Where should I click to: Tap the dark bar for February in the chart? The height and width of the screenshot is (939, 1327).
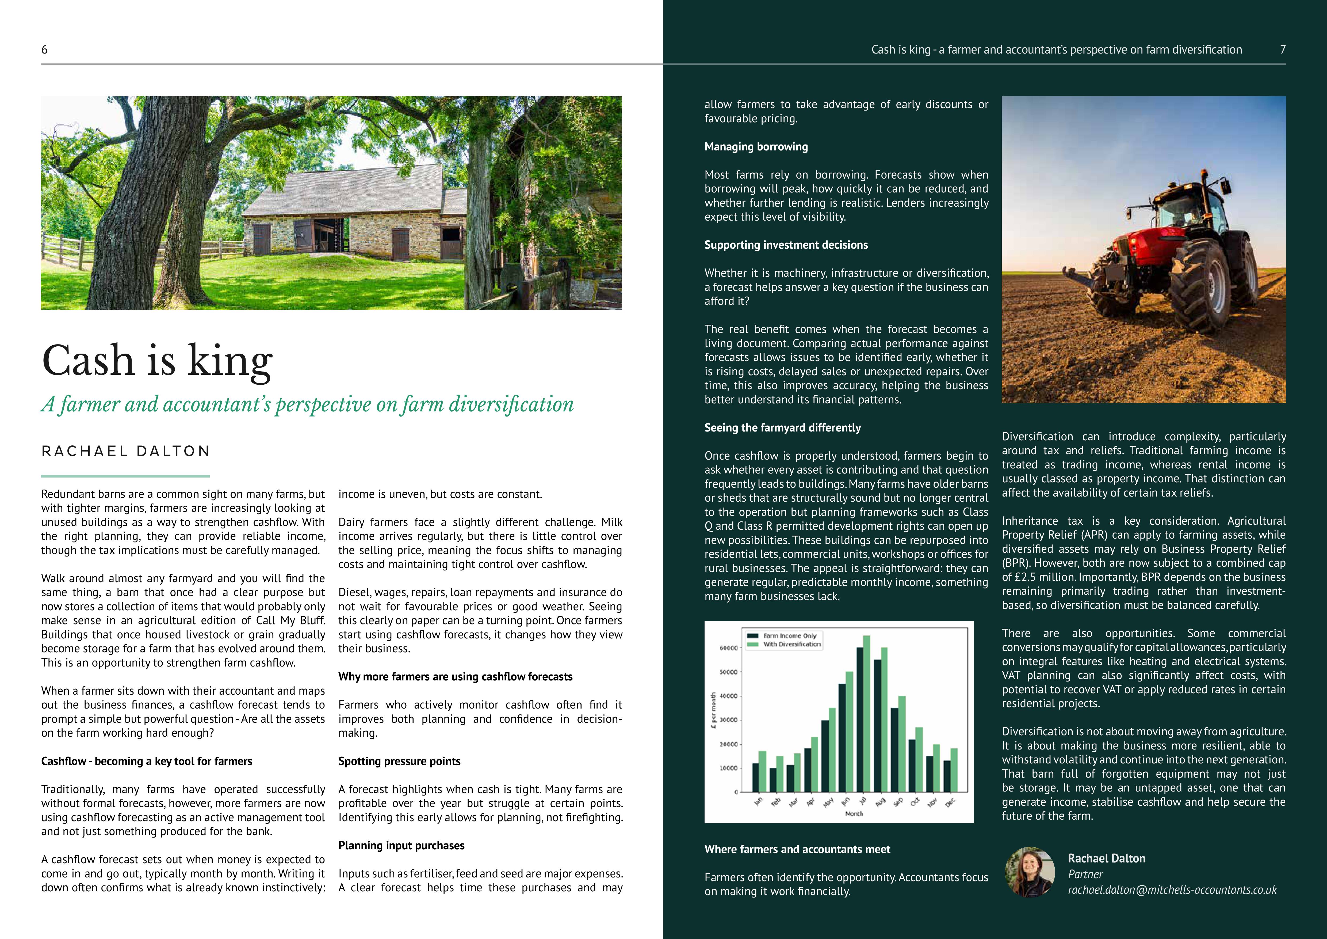773,779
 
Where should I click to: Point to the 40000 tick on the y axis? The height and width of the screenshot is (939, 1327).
728,696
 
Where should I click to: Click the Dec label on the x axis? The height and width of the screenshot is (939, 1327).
950,802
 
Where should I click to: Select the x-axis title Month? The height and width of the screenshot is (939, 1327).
854,813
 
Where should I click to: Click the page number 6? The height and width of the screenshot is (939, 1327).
44,50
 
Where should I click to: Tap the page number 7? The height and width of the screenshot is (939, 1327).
1283,50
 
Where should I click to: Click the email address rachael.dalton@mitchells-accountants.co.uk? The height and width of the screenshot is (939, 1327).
1172,890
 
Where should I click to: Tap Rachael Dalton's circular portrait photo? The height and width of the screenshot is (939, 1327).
1030,872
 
